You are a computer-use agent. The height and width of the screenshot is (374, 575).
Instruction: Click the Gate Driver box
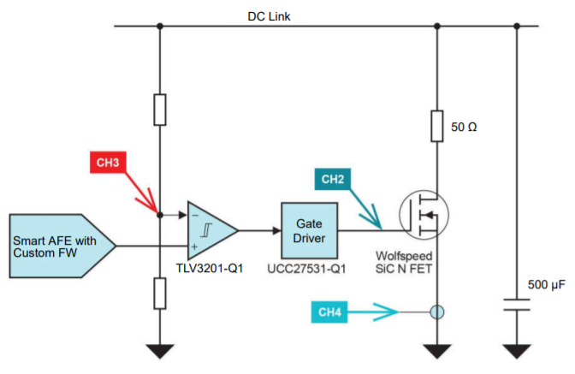310,229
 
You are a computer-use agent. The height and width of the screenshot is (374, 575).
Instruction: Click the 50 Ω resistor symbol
437,127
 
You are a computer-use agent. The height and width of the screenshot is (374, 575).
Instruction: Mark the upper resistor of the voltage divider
159,109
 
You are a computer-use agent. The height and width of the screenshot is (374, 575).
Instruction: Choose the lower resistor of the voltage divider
159,293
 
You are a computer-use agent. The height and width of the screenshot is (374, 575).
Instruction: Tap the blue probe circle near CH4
437,312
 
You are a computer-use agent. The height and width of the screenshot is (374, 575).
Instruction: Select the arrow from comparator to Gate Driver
260,229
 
